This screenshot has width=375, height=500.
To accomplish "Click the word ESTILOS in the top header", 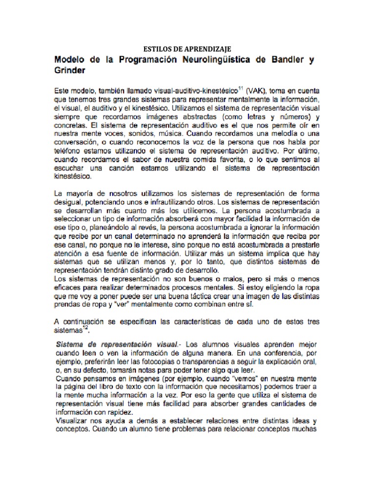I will pyautogui.click(x=155, y=49).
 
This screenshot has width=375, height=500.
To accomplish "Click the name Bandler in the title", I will pyautogui.click(x=284, y=60).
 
